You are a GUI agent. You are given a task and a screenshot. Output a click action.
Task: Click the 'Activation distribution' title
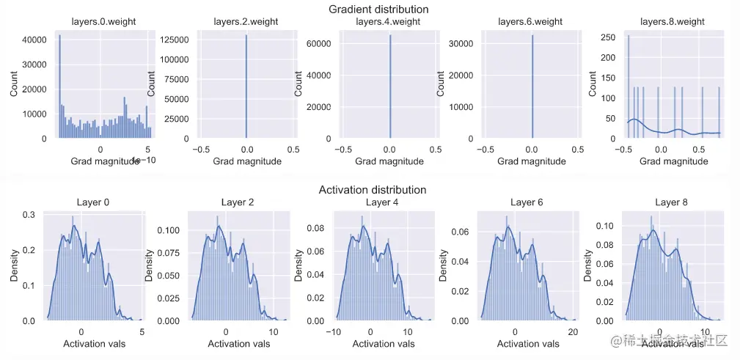[373, 190]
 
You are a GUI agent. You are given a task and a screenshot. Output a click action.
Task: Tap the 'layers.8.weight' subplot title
[672, 21]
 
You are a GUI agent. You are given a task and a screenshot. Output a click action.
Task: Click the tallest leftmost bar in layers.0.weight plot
[59, 86]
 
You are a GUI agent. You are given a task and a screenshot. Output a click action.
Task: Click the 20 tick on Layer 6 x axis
[573, 332]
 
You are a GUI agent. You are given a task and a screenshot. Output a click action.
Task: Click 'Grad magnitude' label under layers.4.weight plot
[389, 161]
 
